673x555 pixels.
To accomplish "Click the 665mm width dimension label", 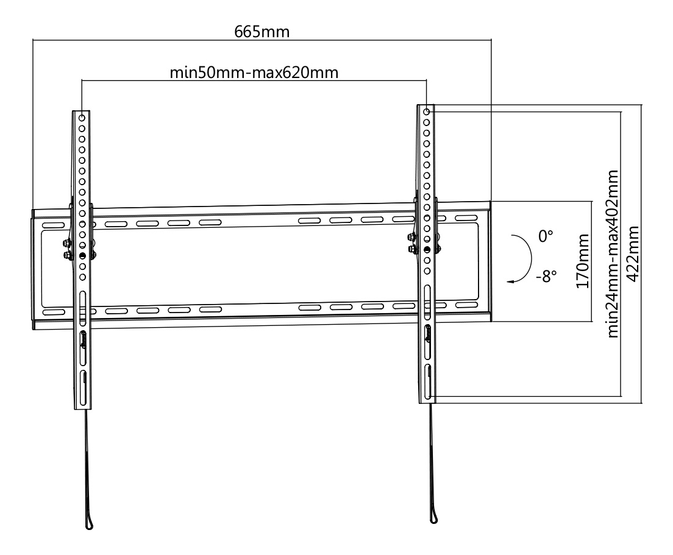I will (262, 32).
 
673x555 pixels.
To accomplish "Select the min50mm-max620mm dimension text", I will (254, 73).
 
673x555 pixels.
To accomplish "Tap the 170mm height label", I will (583, 260).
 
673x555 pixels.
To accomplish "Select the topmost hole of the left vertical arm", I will (82, 115).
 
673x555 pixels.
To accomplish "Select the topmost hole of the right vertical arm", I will (427, 112).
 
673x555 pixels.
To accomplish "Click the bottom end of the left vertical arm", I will (84, 406).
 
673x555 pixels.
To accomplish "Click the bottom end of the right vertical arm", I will (427, 400).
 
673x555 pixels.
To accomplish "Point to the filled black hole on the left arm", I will (82, 255).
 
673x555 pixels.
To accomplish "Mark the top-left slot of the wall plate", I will (53, 225).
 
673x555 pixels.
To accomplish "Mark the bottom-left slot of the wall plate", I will (53, 311).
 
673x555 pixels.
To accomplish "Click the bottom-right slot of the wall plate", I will (466, 304).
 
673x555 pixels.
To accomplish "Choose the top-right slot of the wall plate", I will (466, 217).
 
